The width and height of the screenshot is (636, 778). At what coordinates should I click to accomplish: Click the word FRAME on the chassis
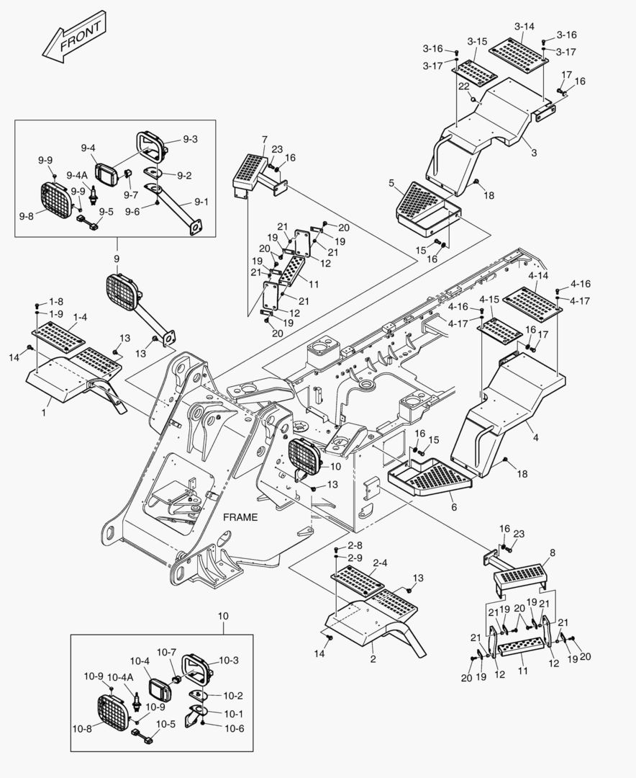240,517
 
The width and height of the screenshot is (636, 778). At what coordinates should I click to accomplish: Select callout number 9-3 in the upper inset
190,139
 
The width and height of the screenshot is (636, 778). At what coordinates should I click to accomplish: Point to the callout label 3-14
524,27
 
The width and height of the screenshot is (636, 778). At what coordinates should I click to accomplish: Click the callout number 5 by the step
391,183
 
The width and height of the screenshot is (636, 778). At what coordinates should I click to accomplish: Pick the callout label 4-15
489,299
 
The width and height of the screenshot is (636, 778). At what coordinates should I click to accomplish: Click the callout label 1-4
79,316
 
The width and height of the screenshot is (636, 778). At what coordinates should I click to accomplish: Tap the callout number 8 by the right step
553,553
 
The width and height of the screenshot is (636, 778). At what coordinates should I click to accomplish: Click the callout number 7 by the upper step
264,139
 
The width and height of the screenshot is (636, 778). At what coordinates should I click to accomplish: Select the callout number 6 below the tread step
453,507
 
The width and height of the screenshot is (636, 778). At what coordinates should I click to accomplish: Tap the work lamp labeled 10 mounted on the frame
304,457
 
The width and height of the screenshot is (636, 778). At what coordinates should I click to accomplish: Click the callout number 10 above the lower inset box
222,617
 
